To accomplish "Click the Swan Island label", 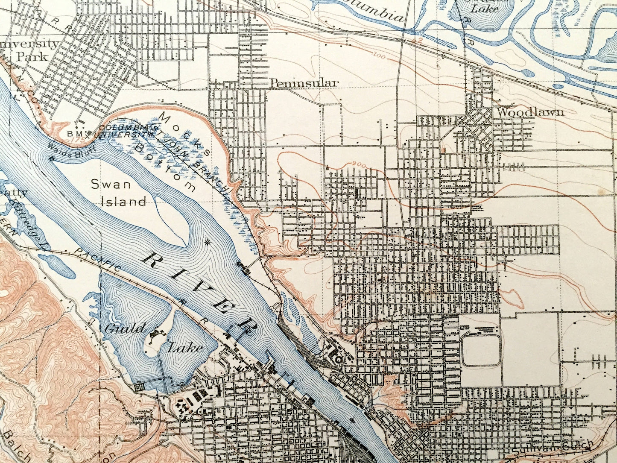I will [x=119, y=193].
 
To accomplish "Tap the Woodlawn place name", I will [x=530, y=112].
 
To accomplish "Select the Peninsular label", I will [x=304, y=83].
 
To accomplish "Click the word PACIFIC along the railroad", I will [x=99, y=261].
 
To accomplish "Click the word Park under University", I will [x=32, y=56].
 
